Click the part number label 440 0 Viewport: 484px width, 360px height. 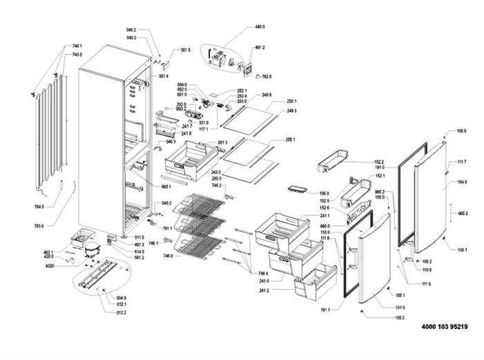[260, 26]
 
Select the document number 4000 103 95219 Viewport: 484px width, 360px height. [448, 326]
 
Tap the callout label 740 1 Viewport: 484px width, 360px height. [77, 46]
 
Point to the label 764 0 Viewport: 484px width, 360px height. [39, 207]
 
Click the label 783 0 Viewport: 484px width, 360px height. [39, 226]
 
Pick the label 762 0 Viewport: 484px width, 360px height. [266, 77]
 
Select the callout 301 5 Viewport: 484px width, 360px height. [185, 50]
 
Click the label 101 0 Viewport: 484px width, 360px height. [400, 307]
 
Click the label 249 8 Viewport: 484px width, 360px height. [266, 95]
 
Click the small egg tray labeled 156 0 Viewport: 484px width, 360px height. [296, 190]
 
